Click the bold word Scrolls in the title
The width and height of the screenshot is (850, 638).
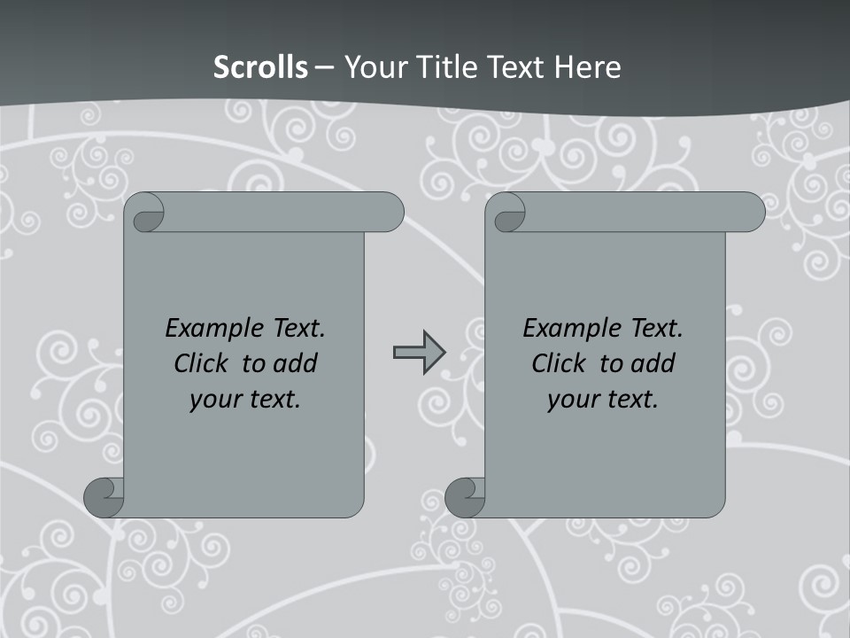(x=260, y=67)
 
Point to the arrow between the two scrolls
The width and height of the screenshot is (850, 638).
(x=419, y=353)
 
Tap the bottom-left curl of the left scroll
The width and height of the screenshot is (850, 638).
(x=103, y=496)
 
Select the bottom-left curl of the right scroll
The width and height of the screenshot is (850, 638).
(x=464, y=496)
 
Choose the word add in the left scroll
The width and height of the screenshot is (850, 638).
(x=295, y=363)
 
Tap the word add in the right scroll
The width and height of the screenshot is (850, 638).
(x=653, y=363)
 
